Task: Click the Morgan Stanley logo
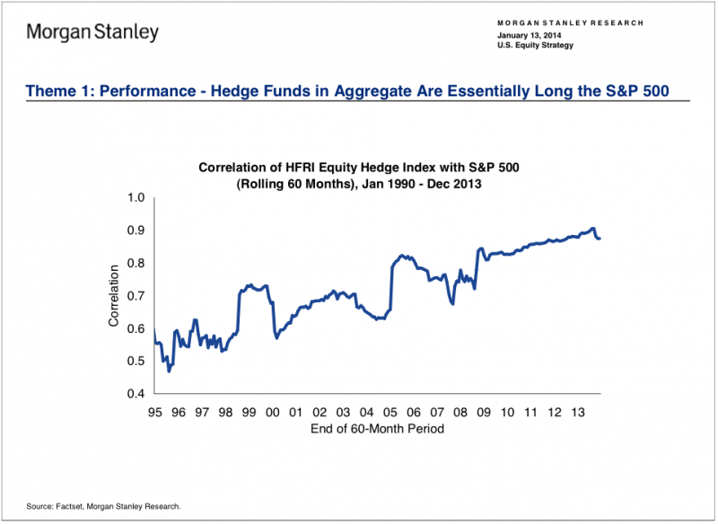point(92,33)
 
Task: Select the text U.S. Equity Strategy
point(535,45)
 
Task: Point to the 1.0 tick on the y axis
point(136,197)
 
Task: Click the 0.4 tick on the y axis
point(136,394)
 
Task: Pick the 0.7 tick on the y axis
point(136,296)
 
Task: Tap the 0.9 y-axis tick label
point(136,230)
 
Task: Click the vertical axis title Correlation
point(114,295)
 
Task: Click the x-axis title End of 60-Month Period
point(368,429)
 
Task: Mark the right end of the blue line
point(600,238)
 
